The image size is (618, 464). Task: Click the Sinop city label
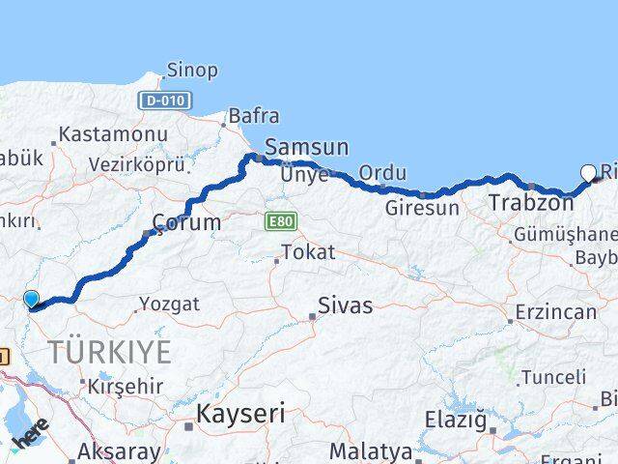(192, 70)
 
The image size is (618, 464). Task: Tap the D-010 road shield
(164, 100)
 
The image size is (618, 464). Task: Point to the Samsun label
(306, 148)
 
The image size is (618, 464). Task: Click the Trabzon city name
(524, 203)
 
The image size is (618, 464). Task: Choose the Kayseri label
(240, 415)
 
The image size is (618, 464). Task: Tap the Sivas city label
(345, 307)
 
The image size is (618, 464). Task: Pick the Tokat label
(307, 252)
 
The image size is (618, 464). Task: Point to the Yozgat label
(169, 304)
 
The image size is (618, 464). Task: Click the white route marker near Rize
(589, 174)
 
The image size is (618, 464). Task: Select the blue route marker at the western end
(31, 300)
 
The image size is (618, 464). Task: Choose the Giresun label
(421, 206)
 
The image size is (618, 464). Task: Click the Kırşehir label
(126, 385)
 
